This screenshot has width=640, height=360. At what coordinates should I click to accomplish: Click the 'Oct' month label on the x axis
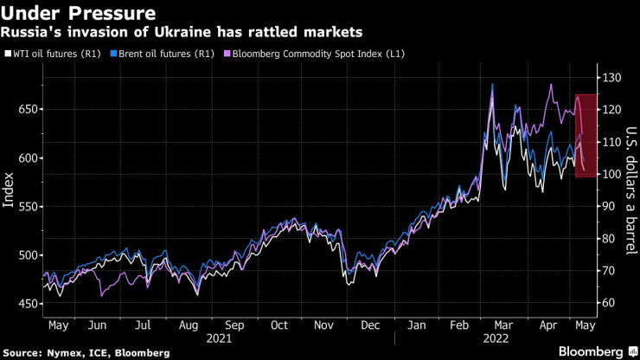pos(278,325)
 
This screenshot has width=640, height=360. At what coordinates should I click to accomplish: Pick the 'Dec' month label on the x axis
pos(370,325)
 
